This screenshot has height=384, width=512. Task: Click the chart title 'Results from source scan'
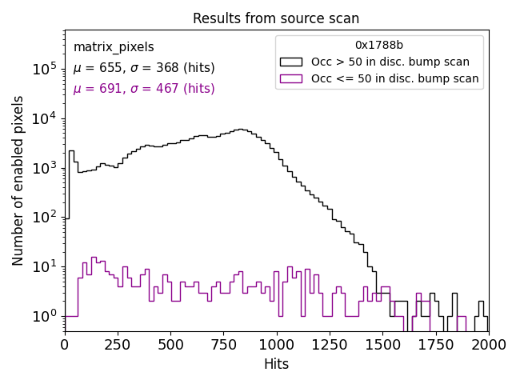(276, 18)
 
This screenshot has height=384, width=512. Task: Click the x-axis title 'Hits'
(276, 364)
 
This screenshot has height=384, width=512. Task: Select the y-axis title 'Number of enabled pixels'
(18, 180)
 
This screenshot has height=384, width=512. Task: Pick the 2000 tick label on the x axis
(488, 344)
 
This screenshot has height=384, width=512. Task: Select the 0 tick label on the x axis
(65, 344)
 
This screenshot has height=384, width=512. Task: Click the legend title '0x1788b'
(379, 45)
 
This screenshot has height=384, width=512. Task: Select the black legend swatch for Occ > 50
(292, 62)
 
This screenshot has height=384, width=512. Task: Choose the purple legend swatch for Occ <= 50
(292, 78)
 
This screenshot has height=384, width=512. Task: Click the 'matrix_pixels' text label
(114, 47)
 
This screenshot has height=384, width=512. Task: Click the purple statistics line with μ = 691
(144, 89)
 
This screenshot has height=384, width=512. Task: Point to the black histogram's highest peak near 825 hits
(240, 129)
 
